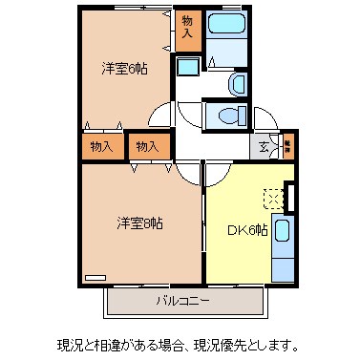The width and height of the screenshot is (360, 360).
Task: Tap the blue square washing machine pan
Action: [188, 67]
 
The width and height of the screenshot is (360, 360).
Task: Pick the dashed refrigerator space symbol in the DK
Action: [273, 197]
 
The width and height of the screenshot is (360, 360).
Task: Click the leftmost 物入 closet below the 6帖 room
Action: [102, 146]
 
